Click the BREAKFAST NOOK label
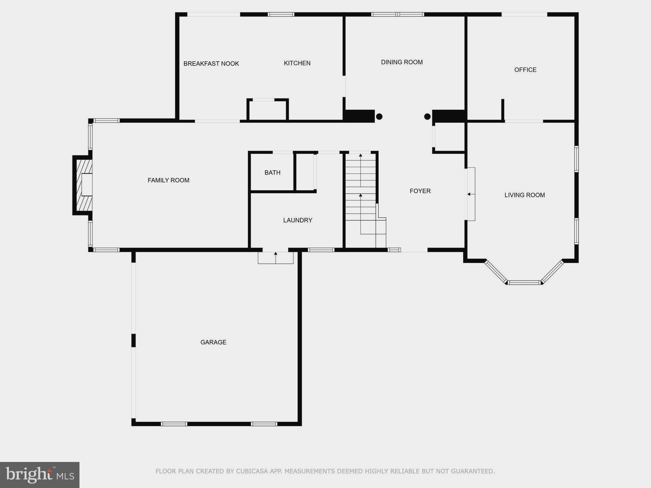(x=211, y=64)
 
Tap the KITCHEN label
(x=297, y=63)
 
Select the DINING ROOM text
(x=402, y=62)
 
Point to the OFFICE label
(x=525, y=70)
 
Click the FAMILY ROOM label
(x=168, y=180)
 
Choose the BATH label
(x=272, y=173)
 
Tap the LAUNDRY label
(x=298, y=220)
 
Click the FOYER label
(x=420, y=191)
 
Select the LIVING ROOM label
(x=524, y=195)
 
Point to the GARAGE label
(x=213, y=342)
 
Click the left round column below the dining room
(x=379, y=117)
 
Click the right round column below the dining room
(x=427, y=117)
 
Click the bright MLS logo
(x=40, y=475)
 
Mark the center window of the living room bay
(x=524, y=282)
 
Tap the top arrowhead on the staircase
(x=360, y=155)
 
